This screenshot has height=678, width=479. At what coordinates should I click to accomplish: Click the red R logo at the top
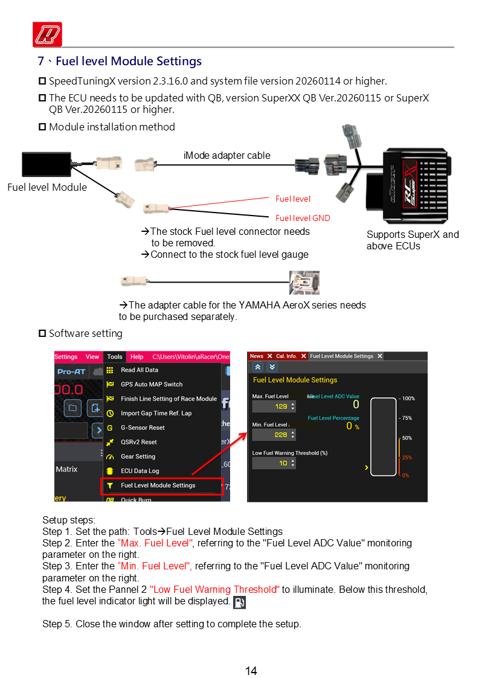coord(48,34)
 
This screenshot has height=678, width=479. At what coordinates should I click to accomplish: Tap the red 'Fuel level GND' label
coord(303,218)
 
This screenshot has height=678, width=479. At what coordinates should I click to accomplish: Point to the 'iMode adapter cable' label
coord(227,155)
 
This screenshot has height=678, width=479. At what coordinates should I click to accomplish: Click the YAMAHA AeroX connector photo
coord(304,283)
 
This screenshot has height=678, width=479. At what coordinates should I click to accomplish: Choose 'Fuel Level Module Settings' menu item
coord(158,485)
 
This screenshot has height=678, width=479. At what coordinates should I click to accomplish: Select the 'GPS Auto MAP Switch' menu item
coord(152,384)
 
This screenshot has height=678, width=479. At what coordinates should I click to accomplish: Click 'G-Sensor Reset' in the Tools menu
coord(143,427)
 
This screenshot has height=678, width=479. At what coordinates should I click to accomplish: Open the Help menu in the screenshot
coord(137,357)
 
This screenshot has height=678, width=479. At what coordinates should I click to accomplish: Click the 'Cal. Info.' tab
coord(286,356)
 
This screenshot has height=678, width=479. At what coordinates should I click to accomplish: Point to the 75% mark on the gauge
coord(406,418)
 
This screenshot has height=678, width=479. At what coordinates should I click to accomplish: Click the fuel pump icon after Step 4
coord(239,602)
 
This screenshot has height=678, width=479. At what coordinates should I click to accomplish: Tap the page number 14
coord(251,671)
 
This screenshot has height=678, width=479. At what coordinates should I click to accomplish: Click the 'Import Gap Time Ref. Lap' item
coord(156,413)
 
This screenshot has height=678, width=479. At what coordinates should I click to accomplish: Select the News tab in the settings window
coord(257,356)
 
